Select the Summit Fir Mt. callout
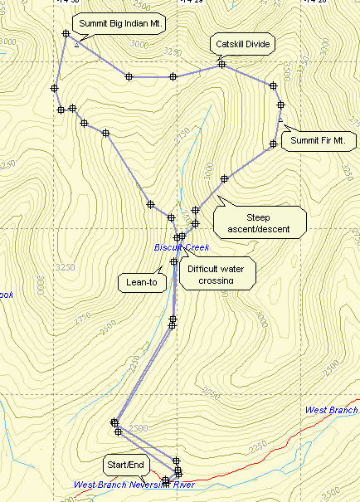point(317,141)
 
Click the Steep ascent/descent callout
point(260,222)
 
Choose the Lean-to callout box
point(141,282)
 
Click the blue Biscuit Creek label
point(182,247)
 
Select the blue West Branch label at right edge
point(331,410)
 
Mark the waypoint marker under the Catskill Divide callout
point(221,64)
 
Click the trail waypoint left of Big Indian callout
point(66,34)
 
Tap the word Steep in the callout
point(260,217)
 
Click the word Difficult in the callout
point(206,269)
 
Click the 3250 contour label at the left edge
point(63,267)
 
